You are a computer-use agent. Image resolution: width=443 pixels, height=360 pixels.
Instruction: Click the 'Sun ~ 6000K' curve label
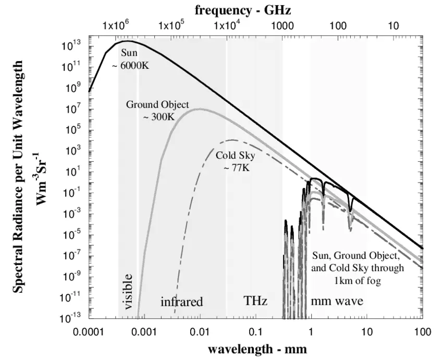point(129,59)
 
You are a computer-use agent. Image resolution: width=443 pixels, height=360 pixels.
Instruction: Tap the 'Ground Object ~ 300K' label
point(157,111)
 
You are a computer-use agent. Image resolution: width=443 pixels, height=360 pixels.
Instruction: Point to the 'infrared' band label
point(181,302)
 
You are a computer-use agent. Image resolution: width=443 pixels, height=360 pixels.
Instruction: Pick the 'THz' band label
point(255,301)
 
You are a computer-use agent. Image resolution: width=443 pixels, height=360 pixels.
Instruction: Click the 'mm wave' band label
point(337,301)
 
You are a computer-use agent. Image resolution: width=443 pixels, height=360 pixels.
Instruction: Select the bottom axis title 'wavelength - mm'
point(257,347)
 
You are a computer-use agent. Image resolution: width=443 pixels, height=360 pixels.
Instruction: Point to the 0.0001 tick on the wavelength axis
point(89,331)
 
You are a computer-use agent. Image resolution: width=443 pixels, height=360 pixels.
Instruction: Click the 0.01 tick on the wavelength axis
point(200,331)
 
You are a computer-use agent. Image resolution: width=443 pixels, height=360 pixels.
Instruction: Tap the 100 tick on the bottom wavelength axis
point(422,331)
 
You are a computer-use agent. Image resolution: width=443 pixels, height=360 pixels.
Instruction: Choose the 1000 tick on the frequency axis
point(282,26)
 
